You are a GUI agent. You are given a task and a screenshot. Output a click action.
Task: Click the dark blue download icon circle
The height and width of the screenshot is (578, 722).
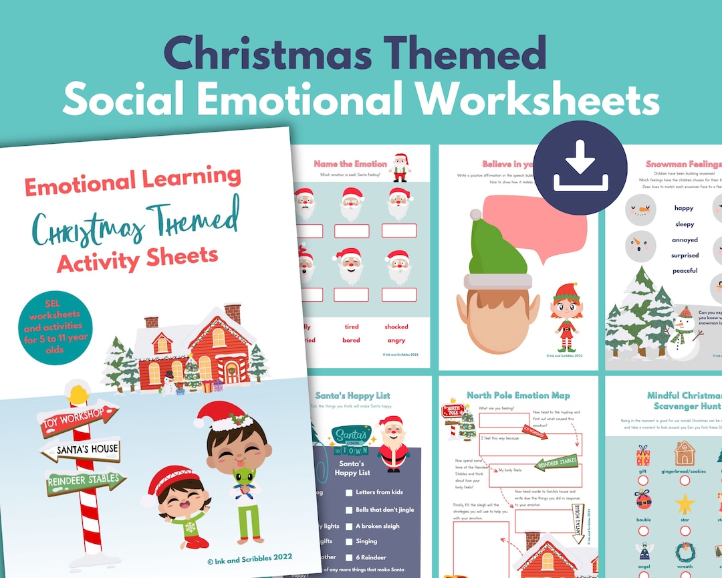(580, 168)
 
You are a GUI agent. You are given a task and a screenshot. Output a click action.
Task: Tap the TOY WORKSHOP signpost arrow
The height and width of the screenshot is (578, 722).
(78, 419)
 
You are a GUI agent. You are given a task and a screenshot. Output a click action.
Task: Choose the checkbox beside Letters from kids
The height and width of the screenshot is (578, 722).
(349, 493)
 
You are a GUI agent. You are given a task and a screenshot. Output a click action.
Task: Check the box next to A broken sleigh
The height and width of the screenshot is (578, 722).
(349, 526)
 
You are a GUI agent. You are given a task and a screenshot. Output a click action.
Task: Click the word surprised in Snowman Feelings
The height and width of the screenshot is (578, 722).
(685, 255)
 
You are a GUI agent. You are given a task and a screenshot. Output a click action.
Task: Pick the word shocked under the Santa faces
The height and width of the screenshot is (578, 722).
(396, 326)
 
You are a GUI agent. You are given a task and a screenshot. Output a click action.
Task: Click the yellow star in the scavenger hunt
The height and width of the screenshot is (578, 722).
(685, 502)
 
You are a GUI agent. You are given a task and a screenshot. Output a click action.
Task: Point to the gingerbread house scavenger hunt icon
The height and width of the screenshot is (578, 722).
(685, 454)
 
